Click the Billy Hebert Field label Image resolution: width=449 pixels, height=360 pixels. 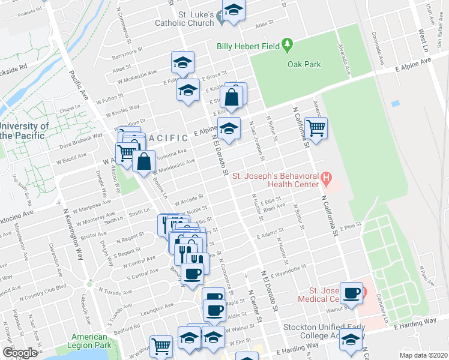(249, 46)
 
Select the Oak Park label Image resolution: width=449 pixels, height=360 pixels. (304, 65)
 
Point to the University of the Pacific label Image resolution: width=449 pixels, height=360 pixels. (24, 131)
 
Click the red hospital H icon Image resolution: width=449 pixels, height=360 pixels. (327, 177)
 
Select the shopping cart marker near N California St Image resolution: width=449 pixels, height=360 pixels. (316, 127)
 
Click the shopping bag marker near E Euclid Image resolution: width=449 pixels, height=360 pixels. (232, 97)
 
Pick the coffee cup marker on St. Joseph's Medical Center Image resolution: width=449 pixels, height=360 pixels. (352, 293)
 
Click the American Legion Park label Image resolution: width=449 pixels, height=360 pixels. (89, 341)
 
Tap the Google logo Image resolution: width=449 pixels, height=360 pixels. (20, 353)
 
